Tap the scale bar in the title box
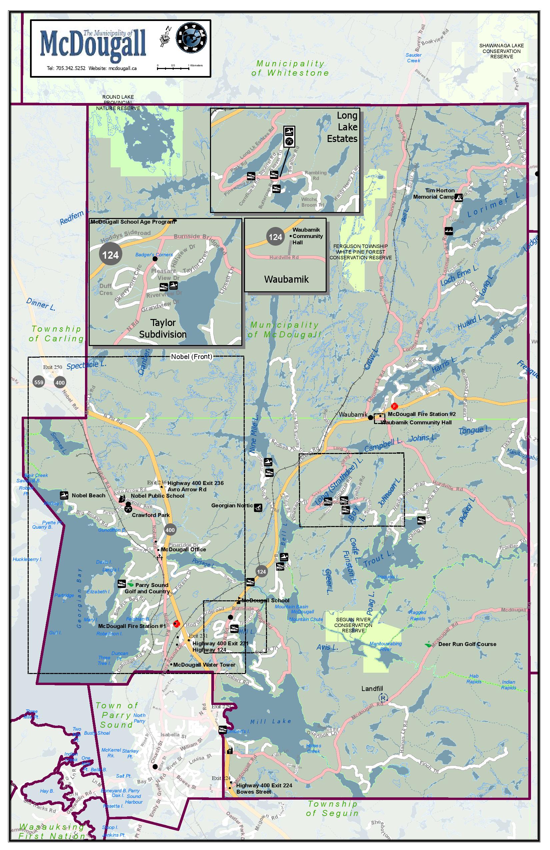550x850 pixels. point(173,68)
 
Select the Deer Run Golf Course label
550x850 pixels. point(467,644)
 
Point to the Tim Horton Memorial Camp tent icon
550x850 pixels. point(459,197)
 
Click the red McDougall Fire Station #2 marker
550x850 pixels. point(394,406)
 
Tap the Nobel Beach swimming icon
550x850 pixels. point(64,495)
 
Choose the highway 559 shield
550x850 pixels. point(39,383)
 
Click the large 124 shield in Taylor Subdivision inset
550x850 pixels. point(110,255)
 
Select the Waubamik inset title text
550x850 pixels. point(286,279)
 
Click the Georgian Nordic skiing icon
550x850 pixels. point(258,507)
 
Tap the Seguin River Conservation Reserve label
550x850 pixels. point(353,625)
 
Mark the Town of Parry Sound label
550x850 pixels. point(117,715)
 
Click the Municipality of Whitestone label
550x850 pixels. point(290,68)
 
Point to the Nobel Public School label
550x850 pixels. point(157,496)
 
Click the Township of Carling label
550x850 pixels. point(56,334)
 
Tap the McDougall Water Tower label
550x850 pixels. point(204,665)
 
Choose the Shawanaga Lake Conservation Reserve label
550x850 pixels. point(501,51)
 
